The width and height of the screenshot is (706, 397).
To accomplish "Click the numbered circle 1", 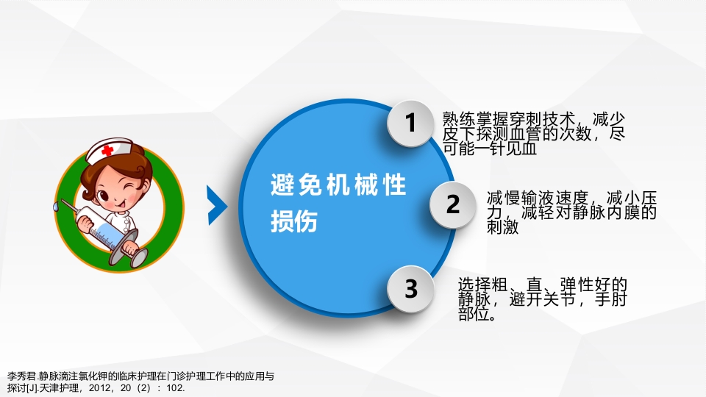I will point(411,124).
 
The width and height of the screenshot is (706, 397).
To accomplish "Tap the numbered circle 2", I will point(453,204).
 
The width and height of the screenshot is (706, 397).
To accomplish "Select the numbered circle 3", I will point(411,289).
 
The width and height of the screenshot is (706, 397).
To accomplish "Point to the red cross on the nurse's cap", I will point(108,150).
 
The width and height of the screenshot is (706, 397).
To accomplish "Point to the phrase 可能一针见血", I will point(490,149).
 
